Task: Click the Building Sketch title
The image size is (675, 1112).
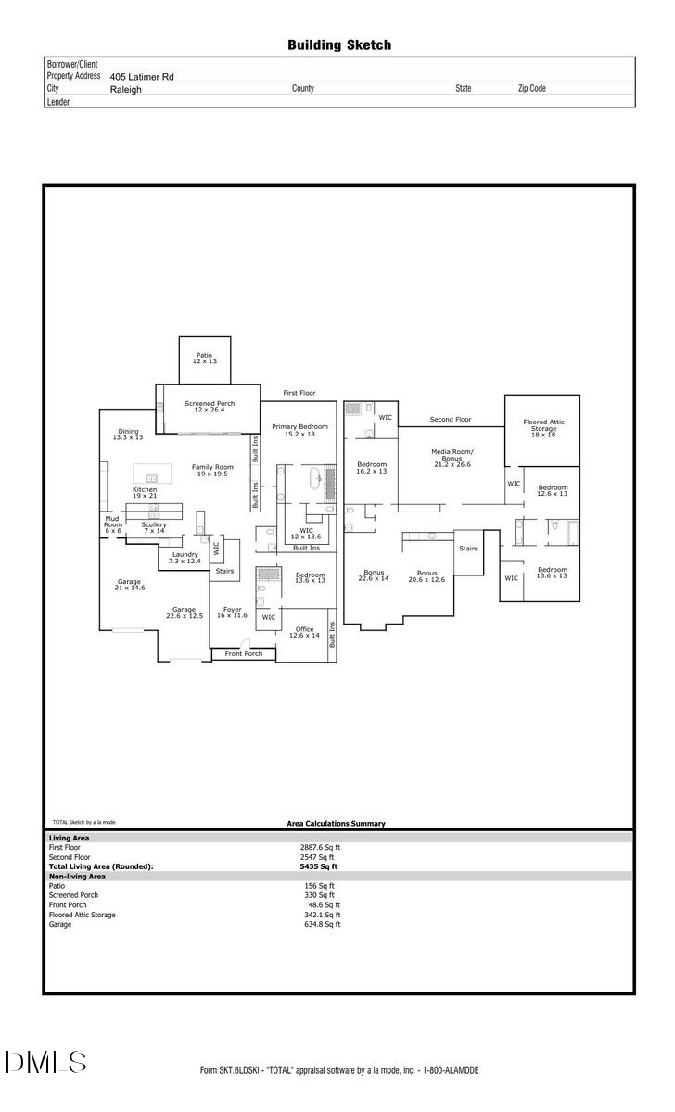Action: coord(338,44)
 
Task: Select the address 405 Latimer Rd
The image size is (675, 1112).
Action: coord(142,77)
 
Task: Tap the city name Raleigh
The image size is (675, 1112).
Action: coord(126,90)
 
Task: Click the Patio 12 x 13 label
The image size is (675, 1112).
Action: coord(204,358)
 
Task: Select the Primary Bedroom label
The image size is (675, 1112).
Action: coord(299,430)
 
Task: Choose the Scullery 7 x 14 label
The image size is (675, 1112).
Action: coord(154,527)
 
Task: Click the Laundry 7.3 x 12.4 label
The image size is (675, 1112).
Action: coord(185,557)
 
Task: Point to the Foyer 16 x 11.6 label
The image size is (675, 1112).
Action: coord(232,613)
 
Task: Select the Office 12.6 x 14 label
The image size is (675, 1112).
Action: coord(303,632)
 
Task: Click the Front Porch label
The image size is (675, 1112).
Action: coord(244,654)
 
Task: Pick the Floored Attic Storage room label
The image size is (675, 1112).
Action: coord(543,429)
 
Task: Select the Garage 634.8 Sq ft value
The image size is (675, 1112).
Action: coord(324,924)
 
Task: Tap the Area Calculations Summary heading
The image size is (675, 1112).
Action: coord(336,823)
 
